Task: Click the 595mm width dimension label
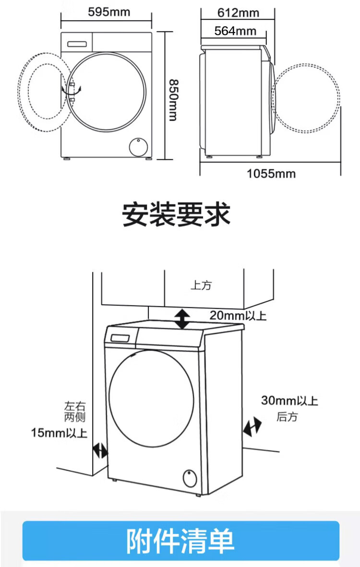[109, 12]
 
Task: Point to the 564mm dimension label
[235, 31]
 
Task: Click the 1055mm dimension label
[271, 174]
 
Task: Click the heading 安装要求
[176, 215]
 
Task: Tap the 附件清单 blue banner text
[180, 541]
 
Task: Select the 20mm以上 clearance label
[238, 315]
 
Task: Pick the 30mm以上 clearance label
[289, 400]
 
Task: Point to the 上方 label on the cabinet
[201, 285]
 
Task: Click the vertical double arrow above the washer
[182, 319]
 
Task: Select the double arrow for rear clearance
[252, 426]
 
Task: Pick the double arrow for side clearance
[100, 450]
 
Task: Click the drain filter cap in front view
[139, 147]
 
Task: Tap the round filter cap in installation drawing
[189, 479]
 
